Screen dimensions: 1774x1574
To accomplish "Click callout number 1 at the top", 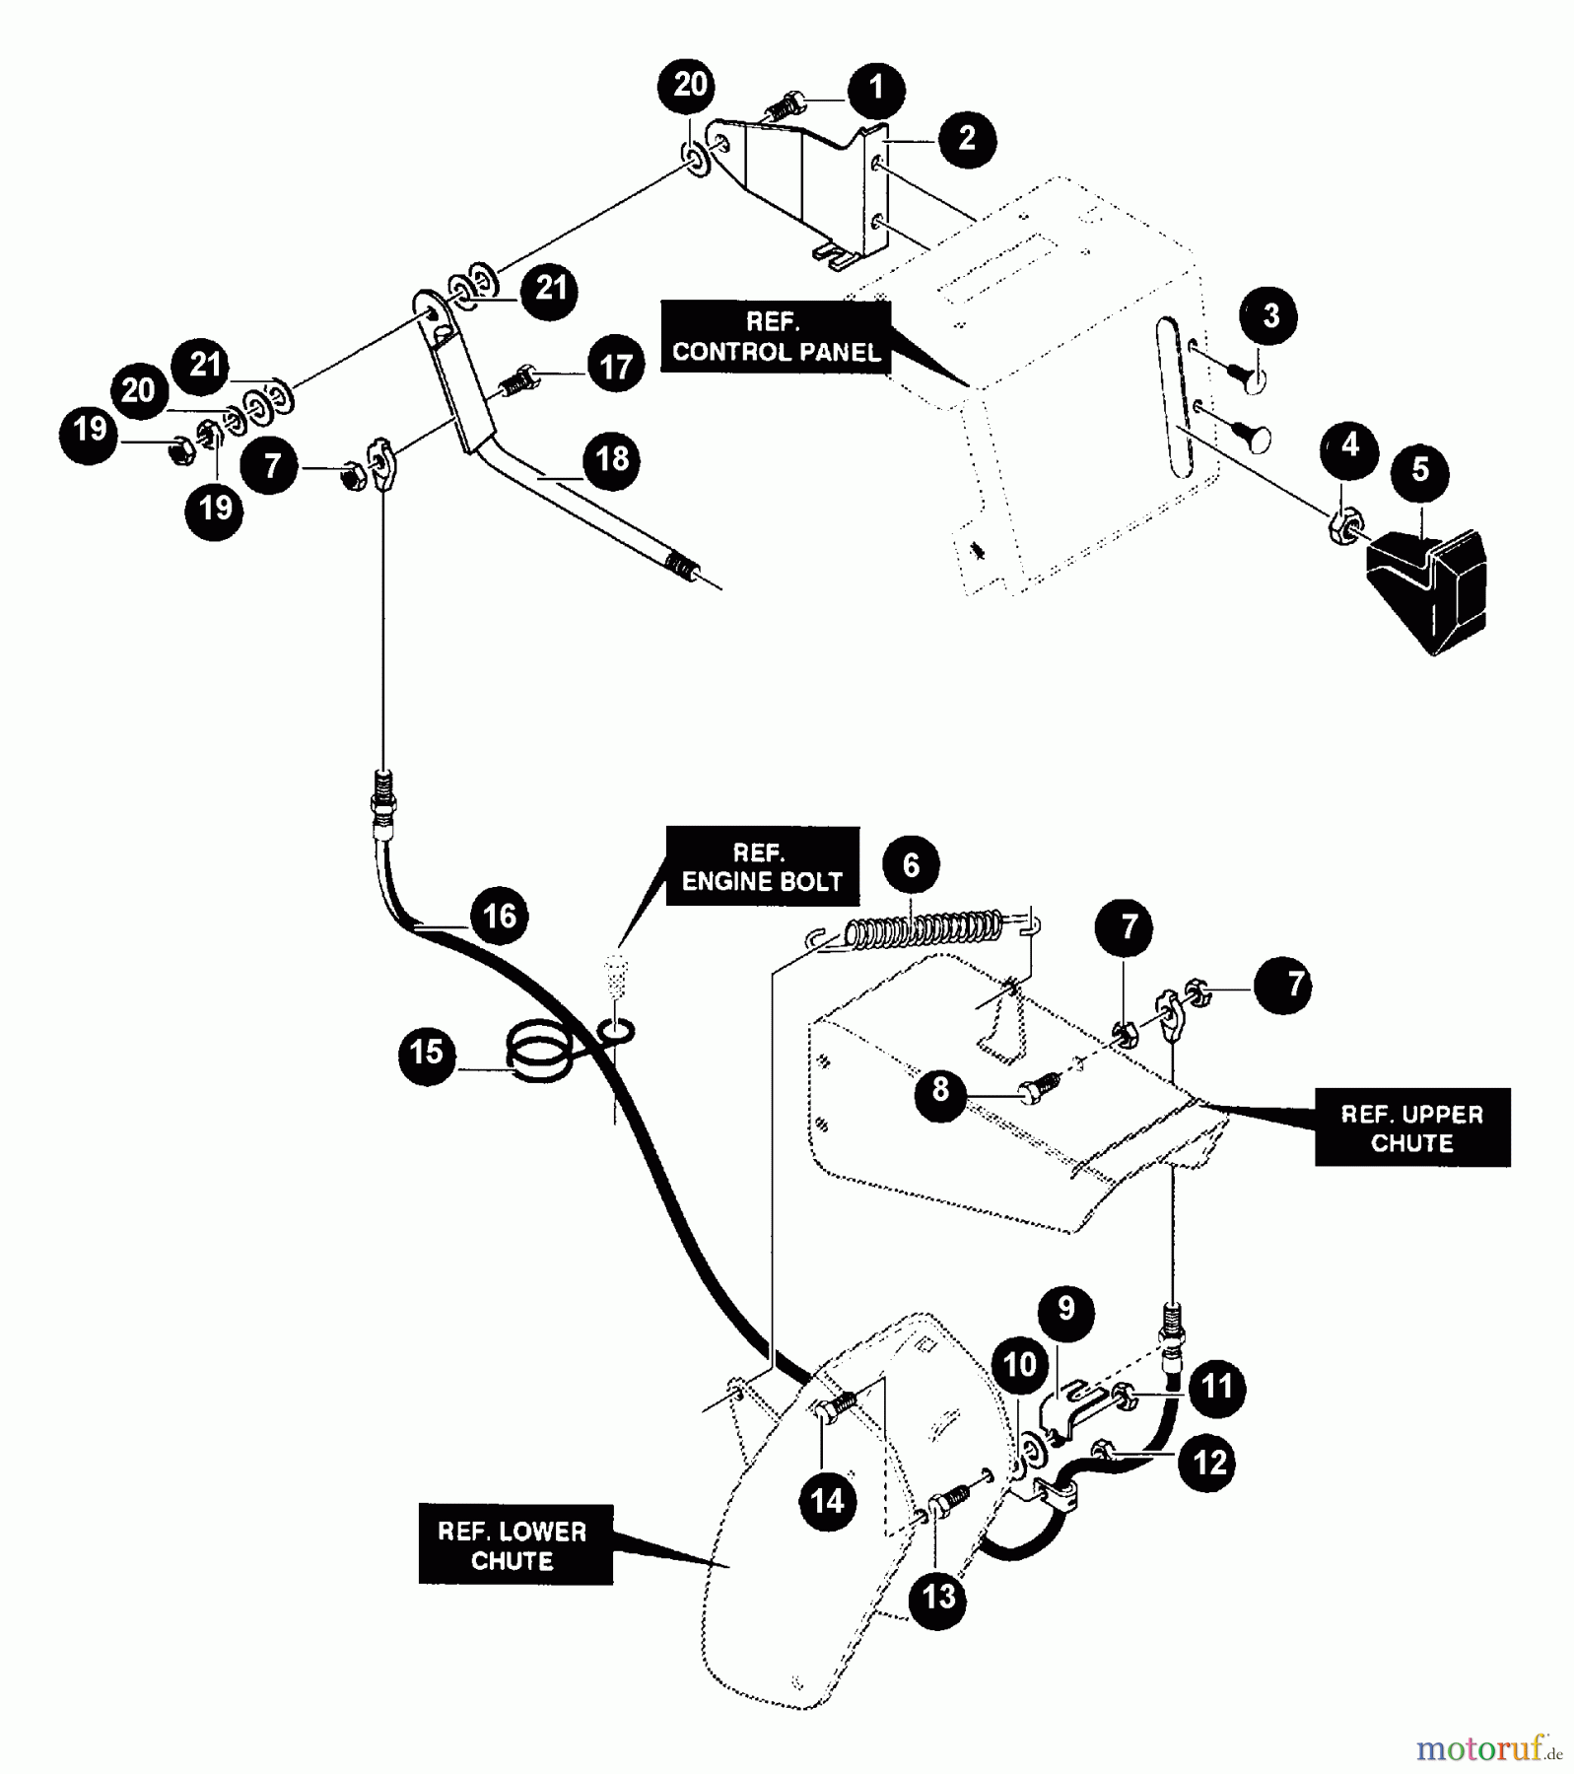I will pyautogui.click(x=876, y=88).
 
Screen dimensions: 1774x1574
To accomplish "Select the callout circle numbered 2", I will pyautogui.click(x=967, y=139).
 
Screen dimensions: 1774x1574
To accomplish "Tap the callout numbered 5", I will pyautogui.click(x=1419, y=470).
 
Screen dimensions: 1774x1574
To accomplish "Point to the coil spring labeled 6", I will pyautogui.click(x=924, y=929).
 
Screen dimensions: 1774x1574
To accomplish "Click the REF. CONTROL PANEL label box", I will pyautogui.click(x=776, y=337).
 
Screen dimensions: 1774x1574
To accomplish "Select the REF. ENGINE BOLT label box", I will pyautogui.click(x=762, y=866).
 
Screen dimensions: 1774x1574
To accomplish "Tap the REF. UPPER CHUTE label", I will pyautogui.click(x=1411, y=1127).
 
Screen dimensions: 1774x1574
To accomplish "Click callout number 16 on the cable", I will pyautogui.click(x=499, y=916).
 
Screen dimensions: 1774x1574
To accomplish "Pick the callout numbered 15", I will pyautogui.click(x=427, y=1052).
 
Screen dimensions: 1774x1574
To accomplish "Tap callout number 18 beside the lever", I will pyautogui.click(x=612, y=459).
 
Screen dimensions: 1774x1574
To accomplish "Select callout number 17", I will pyautogui.click(x=616, y=366).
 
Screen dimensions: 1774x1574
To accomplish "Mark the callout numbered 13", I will pyautogui.click(x=938, y=1596).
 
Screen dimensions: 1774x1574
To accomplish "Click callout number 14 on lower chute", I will pyautogui.click(x=827, y=1501).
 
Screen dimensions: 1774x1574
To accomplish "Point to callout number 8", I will pyautogui.click(x=941, y=1089).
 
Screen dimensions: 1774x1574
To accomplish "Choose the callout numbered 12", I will pyautogui.click(x=1208, y=1462).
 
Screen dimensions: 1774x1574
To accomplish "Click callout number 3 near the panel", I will pyautogui.click(x=1270, y=316).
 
